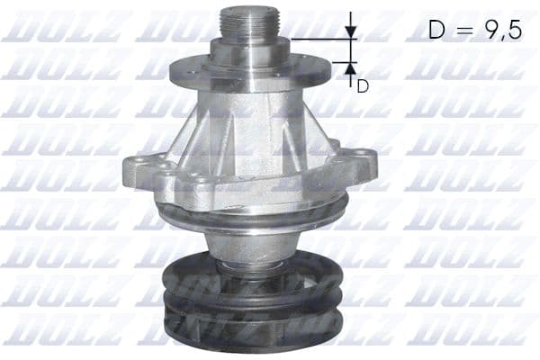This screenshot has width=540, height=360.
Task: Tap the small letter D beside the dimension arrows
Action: (363, 86)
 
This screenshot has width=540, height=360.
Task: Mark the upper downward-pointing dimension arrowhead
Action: (352, 32)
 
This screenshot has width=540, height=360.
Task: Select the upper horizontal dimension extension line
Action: (319, 40)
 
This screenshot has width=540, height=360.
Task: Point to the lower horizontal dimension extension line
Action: (342, 62)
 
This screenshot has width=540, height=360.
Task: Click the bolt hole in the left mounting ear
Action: (137, 165)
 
